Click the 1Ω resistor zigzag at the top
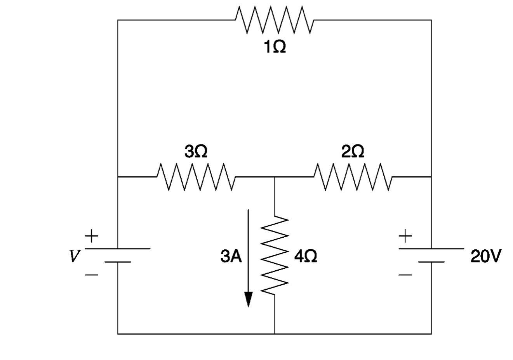274,20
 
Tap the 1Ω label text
274,47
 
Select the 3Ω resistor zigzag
196,177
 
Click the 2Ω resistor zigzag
353,177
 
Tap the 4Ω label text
306,256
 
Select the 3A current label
231,256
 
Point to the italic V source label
73,256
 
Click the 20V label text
486,256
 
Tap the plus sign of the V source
92,235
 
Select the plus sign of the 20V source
405,235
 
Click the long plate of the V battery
118,249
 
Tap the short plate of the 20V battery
431,262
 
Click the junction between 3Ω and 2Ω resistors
275,177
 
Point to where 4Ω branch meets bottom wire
275,334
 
